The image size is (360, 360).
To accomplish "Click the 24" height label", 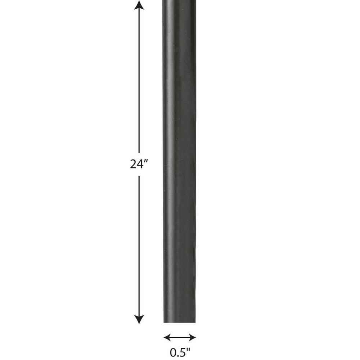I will [139, 164].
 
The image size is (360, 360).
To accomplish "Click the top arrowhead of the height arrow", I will [139, 5].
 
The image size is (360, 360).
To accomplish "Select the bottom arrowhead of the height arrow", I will [139, 319].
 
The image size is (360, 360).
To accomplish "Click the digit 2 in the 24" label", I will [133, 165].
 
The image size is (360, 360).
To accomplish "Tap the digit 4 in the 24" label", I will [140, 165].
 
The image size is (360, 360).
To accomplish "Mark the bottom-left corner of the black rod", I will [164, 322].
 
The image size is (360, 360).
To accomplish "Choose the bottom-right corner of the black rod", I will [195, 322].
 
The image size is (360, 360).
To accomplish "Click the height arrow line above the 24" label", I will [139, 79].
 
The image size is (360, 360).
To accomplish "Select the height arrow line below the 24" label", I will [139, 245].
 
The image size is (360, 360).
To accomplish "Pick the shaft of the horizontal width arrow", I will [180, 337].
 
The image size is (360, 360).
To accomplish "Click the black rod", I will [179, 162].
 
